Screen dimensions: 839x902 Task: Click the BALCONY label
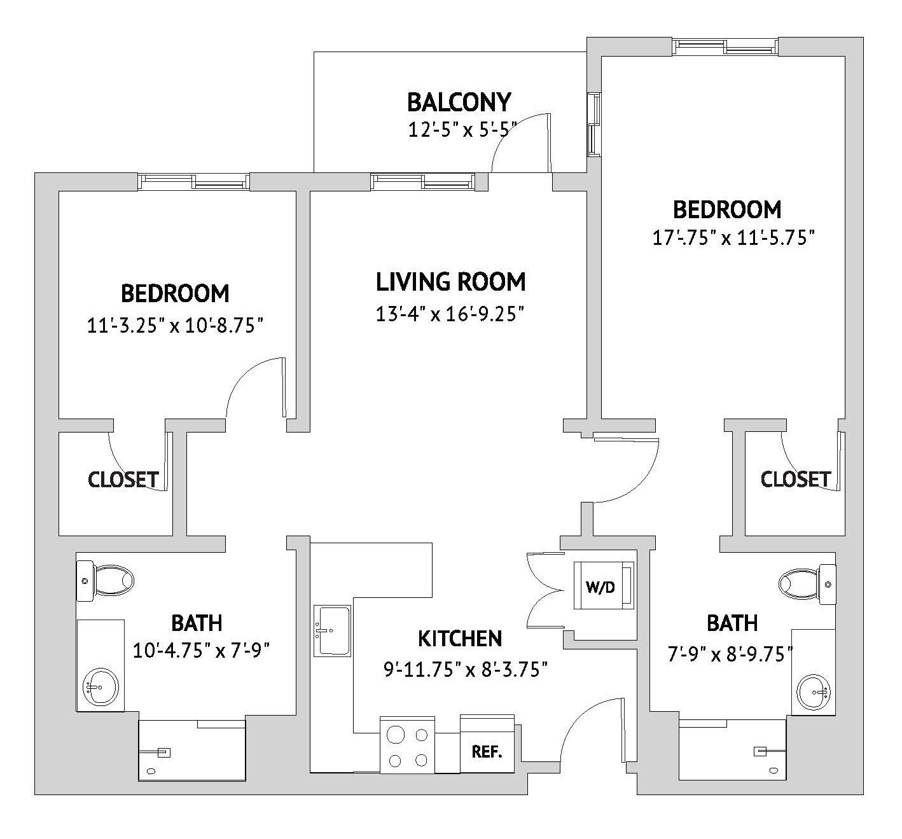pos(459,102)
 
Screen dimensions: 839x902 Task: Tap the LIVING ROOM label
pos(450,281)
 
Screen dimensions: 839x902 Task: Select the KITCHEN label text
pos(460,638)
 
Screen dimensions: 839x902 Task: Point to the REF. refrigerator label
pos(487,752)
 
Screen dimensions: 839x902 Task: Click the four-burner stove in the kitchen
pos(407,745)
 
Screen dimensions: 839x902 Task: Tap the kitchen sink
pos(331,630)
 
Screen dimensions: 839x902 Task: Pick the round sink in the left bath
pos(100,687)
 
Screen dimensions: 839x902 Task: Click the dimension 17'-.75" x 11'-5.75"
pos(733,238)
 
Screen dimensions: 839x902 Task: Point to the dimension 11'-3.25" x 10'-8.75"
pos(175,326)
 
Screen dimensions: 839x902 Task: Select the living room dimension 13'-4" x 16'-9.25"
pos(450,314)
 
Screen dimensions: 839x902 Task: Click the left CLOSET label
pos(123,480)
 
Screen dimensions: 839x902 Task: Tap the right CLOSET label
pos(795,479)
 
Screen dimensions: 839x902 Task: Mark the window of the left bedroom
pos(194,182)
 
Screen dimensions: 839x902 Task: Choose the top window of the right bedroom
pos(726,46)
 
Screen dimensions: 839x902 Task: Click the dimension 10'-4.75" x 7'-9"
pos(202,651)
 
